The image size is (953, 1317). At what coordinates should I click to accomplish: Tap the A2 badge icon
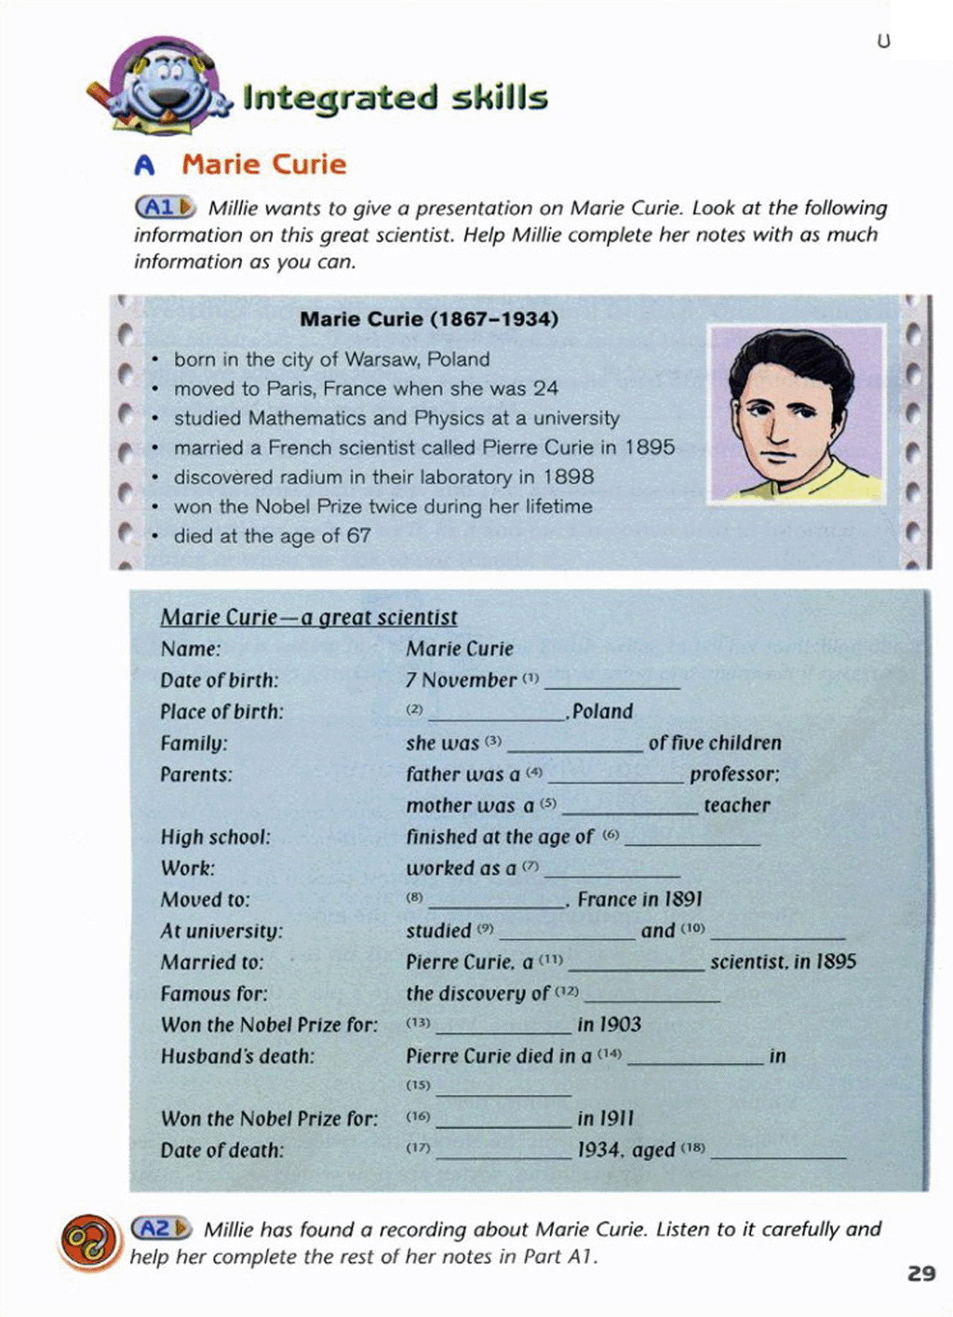coord(160,1229)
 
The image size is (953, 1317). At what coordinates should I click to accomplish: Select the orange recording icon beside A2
coord(89,1242)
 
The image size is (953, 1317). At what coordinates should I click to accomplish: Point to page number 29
coord(920,1273)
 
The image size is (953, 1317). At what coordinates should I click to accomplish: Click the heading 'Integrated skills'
coord(395,98)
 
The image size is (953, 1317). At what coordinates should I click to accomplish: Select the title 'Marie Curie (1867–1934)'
coord(429,319)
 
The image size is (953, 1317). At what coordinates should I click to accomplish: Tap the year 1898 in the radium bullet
coord(569,477)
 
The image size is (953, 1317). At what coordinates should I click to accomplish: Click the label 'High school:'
coord(215,837)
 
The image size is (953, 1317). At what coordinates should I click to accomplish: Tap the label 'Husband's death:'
coord(237,1056)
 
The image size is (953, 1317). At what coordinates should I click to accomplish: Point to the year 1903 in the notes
coord(620,1025)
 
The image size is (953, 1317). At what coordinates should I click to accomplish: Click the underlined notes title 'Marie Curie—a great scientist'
coord(309,618)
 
